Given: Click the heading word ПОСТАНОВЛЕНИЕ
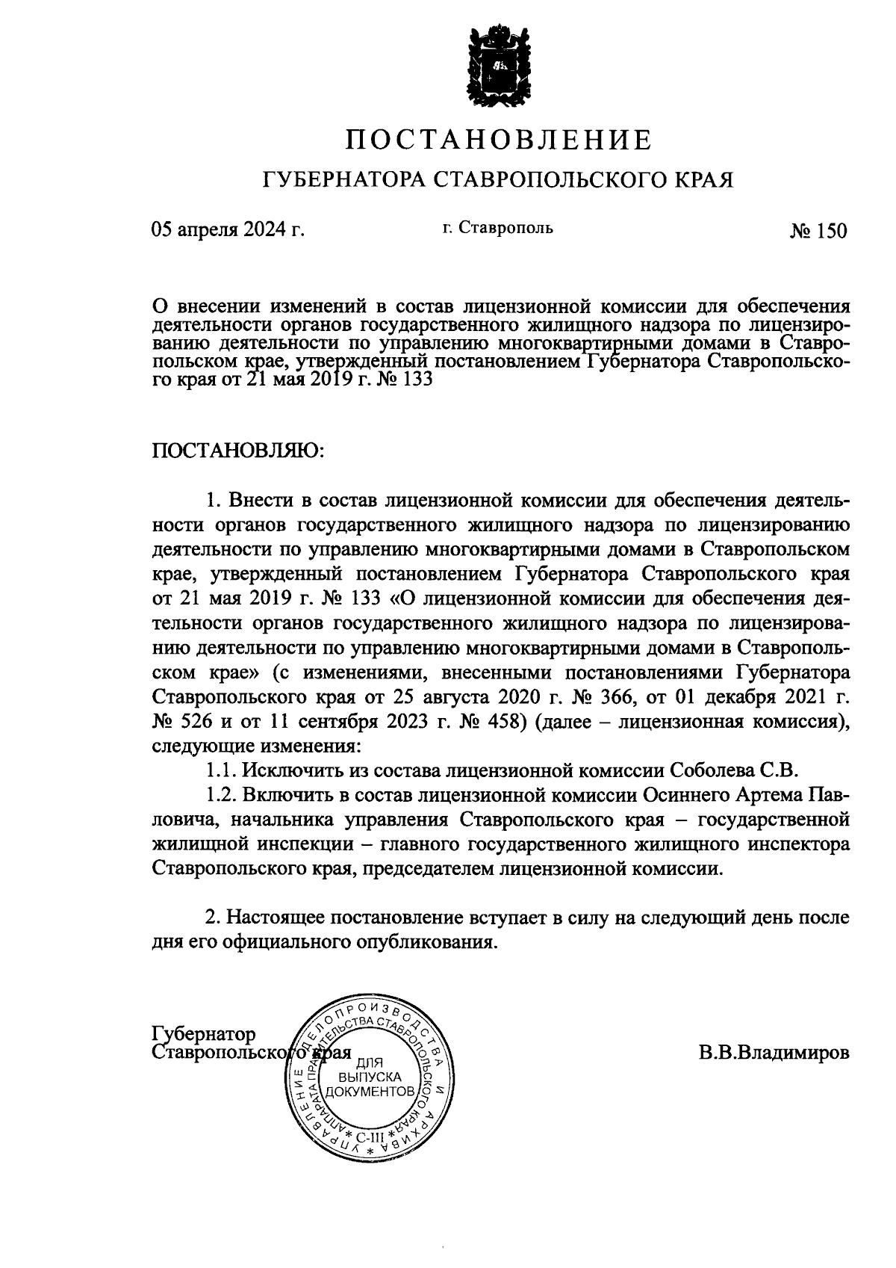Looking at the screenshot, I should (500, 140).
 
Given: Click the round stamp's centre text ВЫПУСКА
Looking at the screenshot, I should (370, 1077).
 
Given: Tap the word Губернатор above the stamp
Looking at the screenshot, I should (203, 1033).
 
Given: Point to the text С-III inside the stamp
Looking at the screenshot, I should (371, 1138).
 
